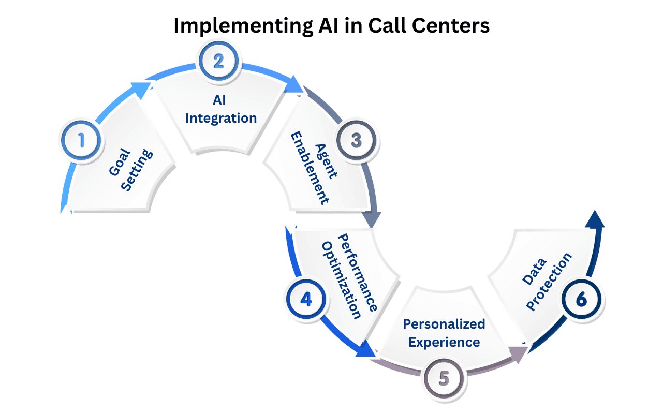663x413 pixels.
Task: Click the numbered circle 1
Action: click(81, 140)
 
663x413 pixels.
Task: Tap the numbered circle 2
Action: click(219, 61)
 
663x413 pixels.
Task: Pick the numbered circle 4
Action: click(306, 300)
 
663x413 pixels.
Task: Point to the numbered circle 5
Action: click(444, 378)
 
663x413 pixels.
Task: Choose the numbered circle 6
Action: click(583, 299)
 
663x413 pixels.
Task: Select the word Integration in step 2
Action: click(221, 118)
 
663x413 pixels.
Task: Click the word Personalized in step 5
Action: click(444, 324)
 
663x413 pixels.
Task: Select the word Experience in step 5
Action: click(444, 342)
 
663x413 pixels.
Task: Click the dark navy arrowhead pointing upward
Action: click(595, 219)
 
